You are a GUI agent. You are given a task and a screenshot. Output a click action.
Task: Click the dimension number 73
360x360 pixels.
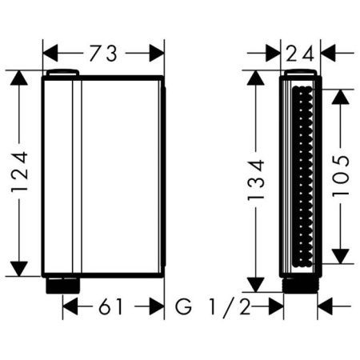point(103,54)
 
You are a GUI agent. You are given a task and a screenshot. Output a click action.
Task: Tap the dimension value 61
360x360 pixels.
point(113,305)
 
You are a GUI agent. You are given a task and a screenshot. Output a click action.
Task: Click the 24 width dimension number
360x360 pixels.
point(301,54)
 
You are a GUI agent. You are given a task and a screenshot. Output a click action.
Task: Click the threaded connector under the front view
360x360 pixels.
point(63,283)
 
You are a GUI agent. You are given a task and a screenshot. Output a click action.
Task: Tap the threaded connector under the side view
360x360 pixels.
point(301,283)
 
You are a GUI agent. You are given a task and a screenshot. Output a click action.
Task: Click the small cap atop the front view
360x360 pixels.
point(63,74)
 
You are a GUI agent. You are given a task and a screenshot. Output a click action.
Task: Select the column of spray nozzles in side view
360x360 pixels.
point(302,177)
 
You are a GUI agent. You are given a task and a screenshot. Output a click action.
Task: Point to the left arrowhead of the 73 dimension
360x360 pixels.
point(49,54)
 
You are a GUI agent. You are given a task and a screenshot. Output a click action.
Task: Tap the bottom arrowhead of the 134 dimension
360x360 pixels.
point(256,286)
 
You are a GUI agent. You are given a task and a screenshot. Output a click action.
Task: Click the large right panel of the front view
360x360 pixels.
point(122,177)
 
